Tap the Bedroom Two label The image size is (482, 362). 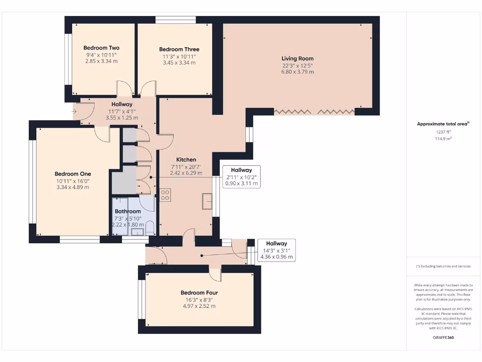pyautogui.click(x=101, y=48)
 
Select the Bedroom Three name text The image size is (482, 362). pyautogui.click(x=179, y=49)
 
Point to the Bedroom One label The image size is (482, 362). pyautogui.click(x=72, y=173)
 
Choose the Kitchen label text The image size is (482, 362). pyautogui.click(x=186, y=160)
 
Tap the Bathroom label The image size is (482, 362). pyautogui.click(x=128, y=212)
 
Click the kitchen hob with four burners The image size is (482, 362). pyautogui.click(x=165, y=195)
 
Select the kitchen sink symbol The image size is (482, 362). pyautogui.click(x=207, y=202)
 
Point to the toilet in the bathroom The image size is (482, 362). pyautogui.click(x=150, y=230)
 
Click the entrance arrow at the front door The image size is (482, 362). pyautogui.click(x=74, y=112)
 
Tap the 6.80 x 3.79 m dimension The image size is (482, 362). pyautogui.click(x=297, y=72)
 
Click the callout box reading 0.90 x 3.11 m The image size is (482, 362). pyautogui.click(x=241, y=177)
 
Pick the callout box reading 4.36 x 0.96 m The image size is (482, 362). pyautogui.click(x=276, y=250)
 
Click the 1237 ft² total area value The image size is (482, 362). pyautogui.click(x=443, y=132)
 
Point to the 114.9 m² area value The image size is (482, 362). pyautogui.click(x=443, y=139)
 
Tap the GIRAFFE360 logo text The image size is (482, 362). pyautogui.click(x=443, y=337)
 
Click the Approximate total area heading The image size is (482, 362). pyautogui.click(x=443, y=123)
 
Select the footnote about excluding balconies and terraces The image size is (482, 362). pyautogui.click(x=443, y=266)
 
